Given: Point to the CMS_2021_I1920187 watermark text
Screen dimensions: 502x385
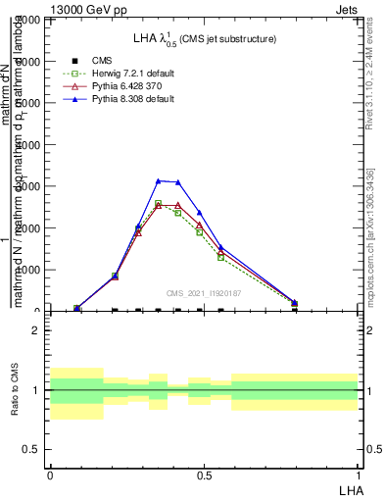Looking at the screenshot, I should click(204, 292).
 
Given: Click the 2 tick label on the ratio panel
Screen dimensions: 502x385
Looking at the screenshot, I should click(36, 331).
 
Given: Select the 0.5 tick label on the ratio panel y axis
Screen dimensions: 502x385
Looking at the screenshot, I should click(31, 449).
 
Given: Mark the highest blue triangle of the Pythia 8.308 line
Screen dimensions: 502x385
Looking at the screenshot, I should click(158, 180).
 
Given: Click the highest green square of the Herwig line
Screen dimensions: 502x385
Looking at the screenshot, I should click(158, 203).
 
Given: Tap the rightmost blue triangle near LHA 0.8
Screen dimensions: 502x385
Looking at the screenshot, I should click(295, 303).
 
